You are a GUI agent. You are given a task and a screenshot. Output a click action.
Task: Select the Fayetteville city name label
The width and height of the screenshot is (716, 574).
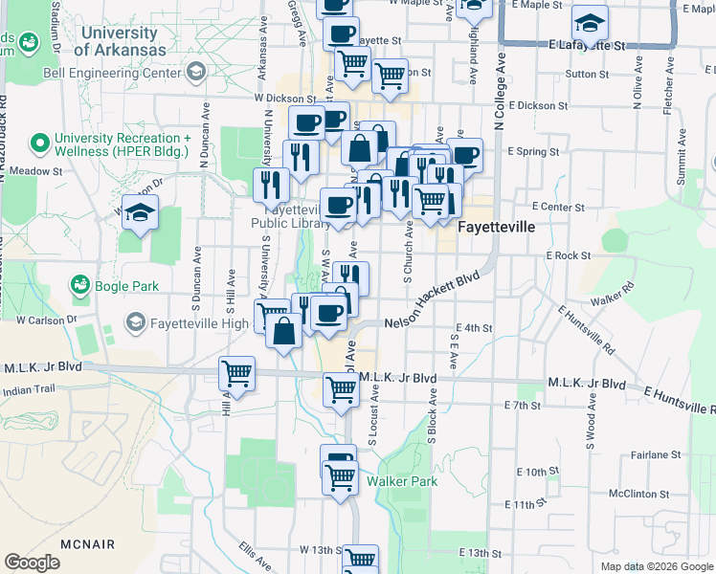click(x=495, y=229)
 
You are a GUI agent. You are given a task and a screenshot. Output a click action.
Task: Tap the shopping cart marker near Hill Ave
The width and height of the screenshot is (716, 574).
click(x=236, y=373)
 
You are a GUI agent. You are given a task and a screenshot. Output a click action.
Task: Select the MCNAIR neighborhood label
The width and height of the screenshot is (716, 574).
click(x=87, y=544)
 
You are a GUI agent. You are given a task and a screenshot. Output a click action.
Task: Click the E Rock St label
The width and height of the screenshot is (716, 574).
click(x=568, y=255)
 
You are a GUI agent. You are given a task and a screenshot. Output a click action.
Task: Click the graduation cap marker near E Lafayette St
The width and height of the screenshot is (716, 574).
click(x=590, y=23)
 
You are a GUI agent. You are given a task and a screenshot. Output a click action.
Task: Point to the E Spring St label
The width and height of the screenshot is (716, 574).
click(x=533, y=151)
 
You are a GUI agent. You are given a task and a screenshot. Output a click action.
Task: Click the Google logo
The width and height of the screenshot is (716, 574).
click(x=32, y=563)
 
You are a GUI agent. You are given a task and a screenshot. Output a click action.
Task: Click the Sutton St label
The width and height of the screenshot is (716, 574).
click(x=587, y=74)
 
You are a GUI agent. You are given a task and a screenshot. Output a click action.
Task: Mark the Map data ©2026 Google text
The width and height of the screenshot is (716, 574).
click(x=657, y=566)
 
